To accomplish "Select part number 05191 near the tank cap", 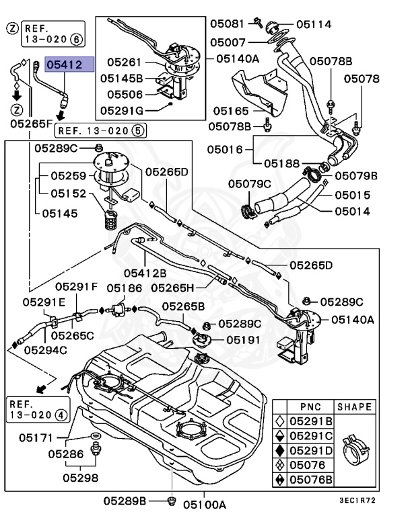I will click(x=243, y=340).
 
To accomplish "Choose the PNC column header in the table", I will click(x=308, y=407).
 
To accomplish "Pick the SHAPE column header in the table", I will click(x=353, y=407).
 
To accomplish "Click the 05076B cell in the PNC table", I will click(x=311, y=479).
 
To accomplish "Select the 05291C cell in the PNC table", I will click(x=311, y=435).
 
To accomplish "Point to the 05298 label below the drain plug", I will click(x=81, y=478).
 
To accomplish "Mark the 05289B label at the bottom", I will click(x=125, y=501).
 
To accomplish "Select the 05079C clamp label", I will click(x=249, y=183).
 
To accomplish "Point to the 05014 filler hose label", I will click(x=353, y=210).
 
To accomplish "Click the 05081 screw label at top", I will click(x=227, y=24).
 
